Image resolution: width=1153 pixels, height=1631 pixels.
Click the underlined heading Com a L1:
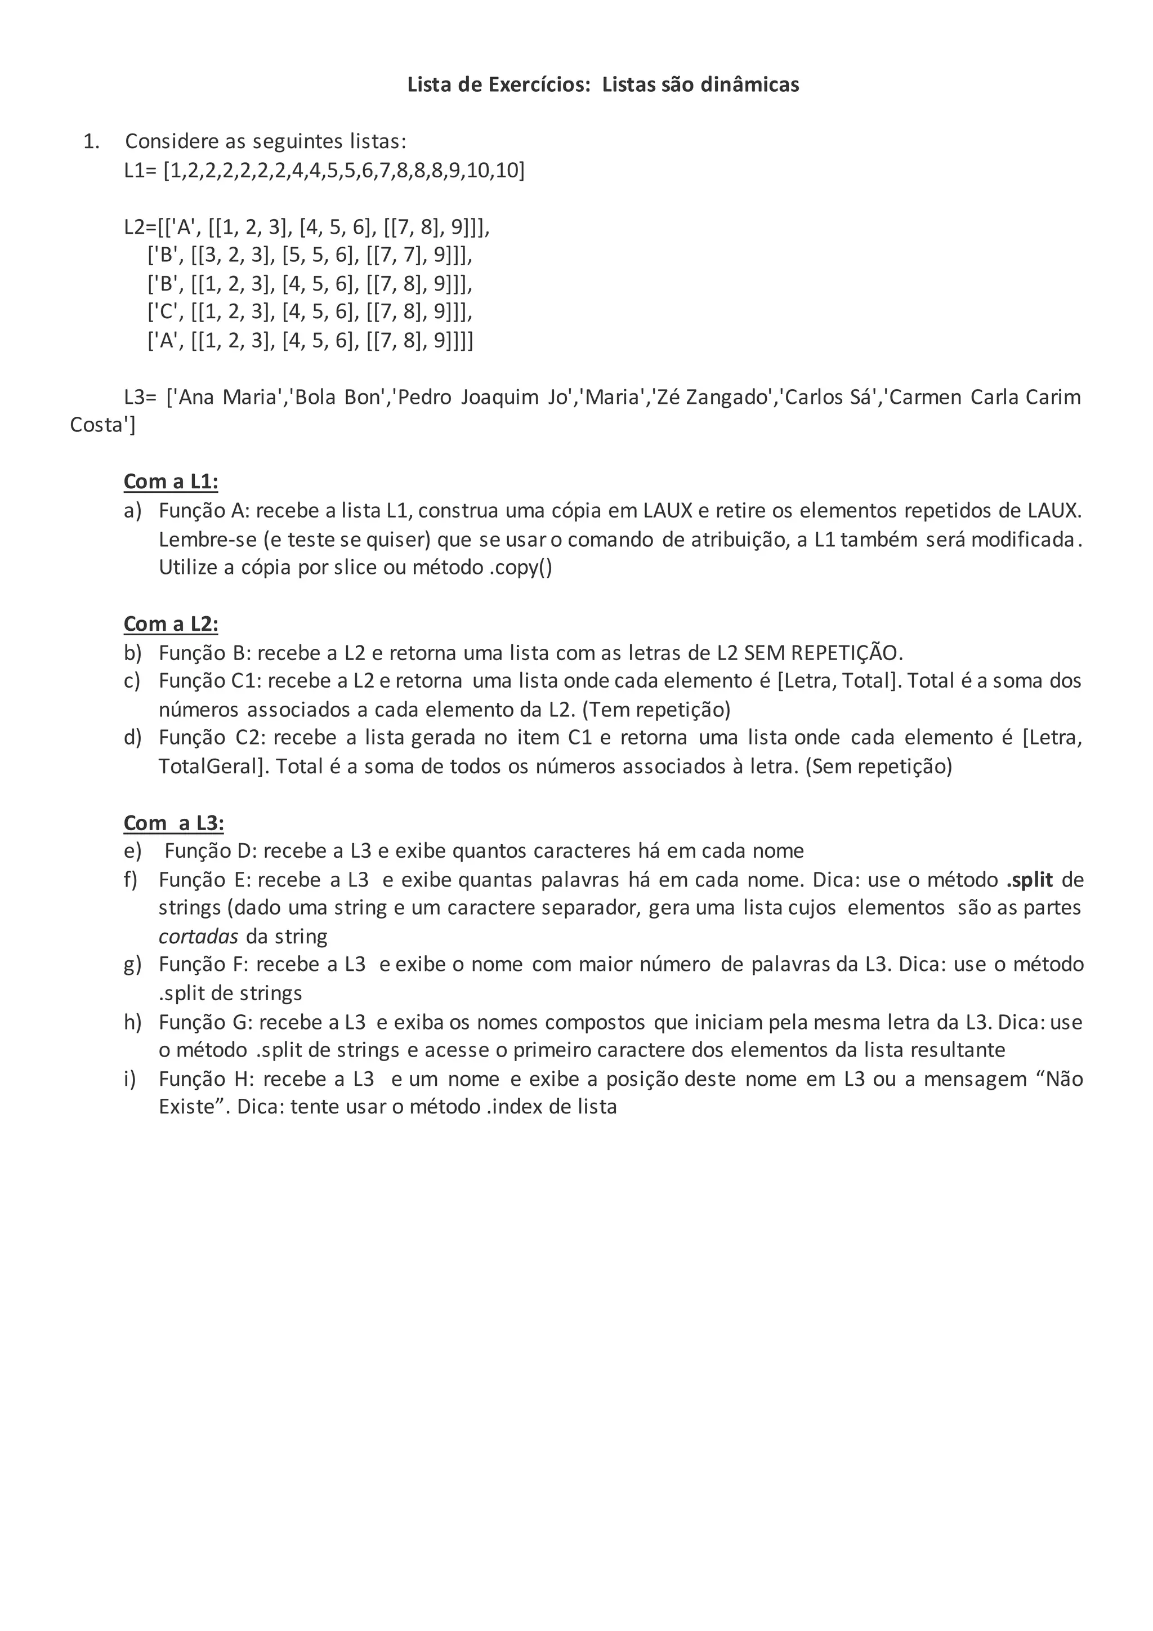pos(171,482)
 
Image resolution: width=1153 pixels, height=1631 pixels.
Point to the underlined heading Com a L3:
pos(173,823)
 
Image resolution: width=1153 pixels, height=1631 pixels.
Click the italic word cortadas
pos(198,936)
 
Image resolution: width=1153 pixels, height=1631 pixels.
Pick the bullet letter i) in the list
pos(130,1079)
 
